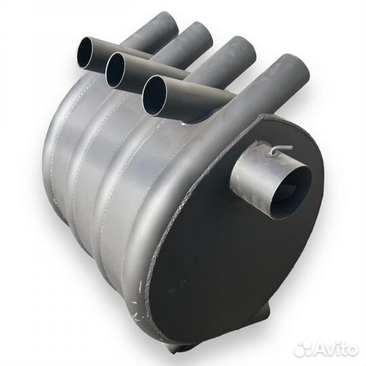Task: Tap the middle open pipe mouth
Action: pyautogui.click(x=115, y=70)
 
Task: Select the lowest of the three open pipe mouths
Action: pyautogui.click(x=155, y=95)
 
